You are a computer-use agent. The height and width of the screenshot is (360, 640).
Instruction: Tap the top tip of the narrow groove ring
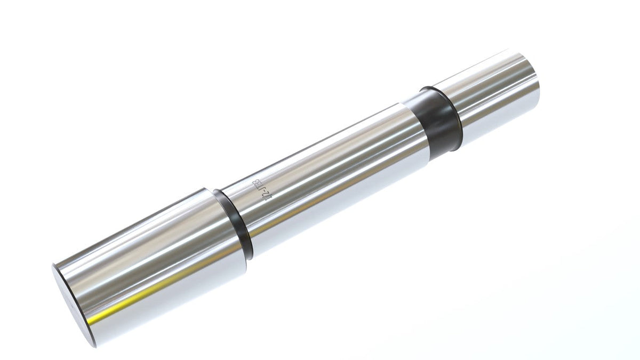215,190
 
